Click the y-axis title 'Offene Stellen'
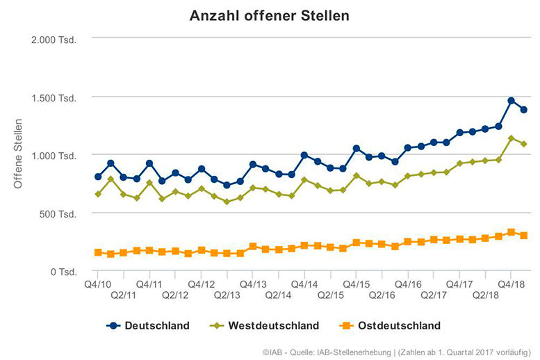click(19, 154)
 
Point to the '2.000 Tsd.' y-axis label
click(54, 38)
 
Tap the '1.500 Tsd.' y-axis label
click(54, 97)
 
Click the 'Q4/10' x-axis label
click(98, 284)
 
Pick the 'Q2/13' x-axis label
click(227, 295)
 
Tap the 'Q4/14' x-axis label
click(304, 284)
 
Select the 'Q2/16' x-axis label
click(382, 295)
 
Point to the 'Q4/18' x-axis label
click(511, 284)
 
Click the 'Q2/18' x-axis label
click(485, 295)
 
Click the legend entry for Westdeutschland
click(266, 325)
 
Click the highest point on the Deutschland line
click(511, 101)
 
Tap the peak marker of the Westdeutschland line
click(511, 138)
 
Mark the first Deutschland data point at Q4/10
click(98, 177)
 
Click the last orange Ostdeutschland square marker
click(524, 236)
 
